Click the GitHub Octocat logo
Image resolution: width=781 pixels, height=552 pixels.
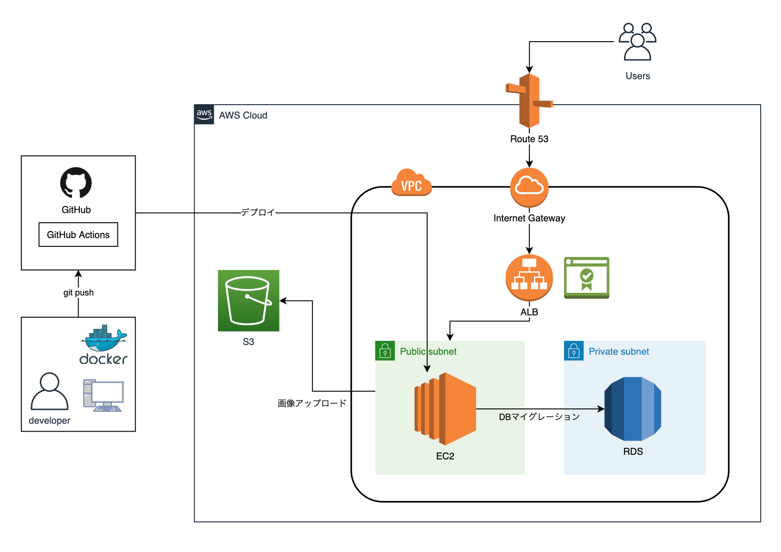[x=76, y=183]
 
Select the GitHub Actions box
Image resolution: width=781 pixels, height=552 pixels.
[x=78, y=235]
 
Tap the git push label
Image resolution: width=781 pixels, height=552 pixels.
[x=78, y=293]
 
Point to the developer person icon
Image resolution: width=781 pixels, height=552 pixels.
[x=50, y=391]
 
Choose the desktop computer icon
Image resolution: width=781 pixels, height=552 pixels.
[x=103, y=395]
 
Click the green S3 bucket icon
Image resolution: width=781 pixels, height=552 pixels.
[x=248, y=301]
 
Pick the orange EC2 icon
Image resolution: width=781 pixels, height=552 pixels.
[x=445, y=409]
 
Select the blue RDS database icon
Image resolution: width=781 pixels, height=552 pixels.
[x=632, y=409]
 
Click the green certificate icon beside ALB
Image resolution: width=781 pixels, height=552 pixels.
[x=587, y=278]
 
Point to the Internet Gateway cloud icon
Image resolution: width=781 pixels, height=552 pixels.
[x=529, y=187]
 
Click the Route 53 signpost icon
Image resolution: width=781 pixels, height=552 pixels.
[x=529, y=100]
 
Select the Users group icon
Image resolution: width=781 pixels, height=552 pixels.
[x=638, y=42]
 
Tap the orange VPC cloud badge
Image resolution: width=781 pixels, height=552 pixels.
[x=411, y=183]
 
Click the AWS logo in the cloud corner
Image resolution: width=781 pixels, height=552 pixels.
[x=204, y=114]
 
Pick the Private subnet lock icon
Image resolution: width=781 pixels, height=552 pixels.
[x=574, y=351]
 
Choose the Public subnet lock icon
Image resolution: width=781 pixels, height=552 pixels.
[x=385, y=351]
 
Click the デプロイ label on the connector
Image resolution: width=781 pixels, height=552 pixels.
[x=258, y=213]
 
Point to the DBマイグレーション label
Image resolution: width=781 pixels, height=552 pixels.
[x=539, y=417]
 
